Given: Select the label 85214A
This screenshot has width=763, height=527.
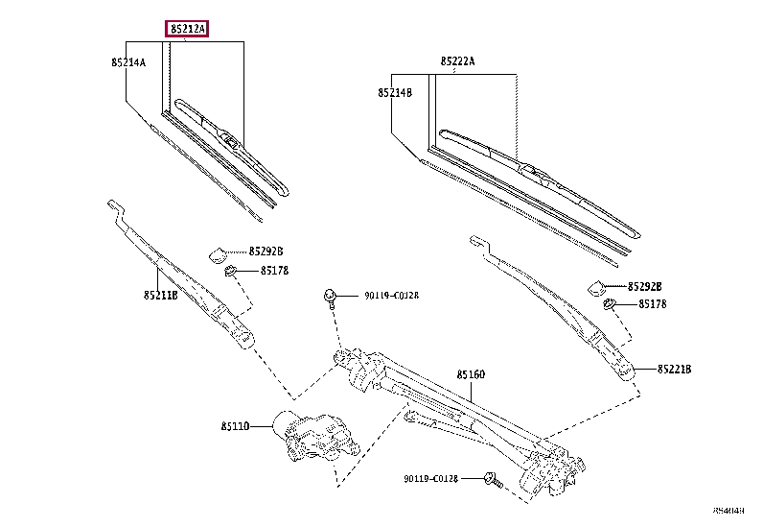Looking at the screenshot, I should pos(127,62).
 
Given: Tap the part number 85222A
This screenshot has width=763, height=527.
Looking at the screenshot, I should pos(458,61).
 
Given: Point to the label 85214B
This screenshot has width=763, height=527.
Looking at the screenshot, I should pos(394,93).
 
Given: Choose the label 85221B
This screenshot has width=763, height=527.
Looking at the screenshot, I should pos(675,369).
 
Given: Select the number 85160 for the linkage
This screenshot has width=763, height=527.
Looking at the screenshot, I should pos(471,374).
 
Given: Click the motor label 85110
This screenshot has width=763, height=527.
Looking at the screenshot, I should pos(235,426).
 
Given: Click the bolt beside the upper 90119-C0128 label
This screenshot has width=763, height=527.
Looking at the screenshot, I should pos(330,296).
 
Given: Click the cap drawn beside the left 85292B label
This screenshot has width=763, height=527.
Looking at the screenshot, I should pos(219,254).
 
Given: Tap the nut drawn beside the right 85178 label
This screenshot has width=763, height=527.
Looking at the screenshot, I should pos(610,306).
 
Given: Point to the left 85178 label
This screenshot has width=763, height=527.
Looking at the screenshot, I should pos(274,271).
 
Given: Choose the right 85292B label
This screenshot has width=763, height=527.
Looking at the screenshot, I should pos(645,286).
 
